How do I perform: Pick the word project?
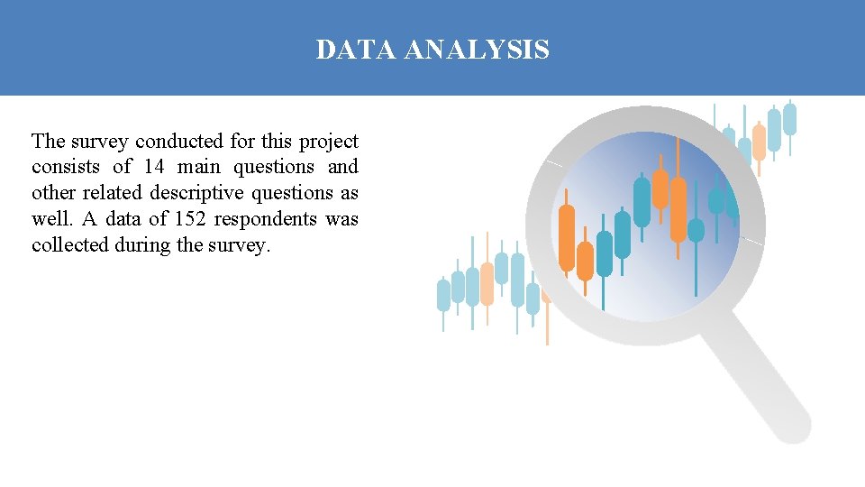(328, 142)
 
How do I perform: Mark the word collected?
(70, 244)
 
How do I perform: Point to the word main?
(198, 167)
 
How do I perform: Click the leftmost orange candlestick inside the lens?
(567, 237)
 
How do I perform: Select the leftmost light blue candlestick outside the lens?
(443, 295)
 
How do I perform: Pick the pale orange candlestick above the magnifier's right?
(759, 142)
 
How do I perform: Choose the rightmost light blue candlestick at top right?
(790, 119)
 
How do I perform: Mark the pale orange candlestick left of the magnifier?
(487, 283)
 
